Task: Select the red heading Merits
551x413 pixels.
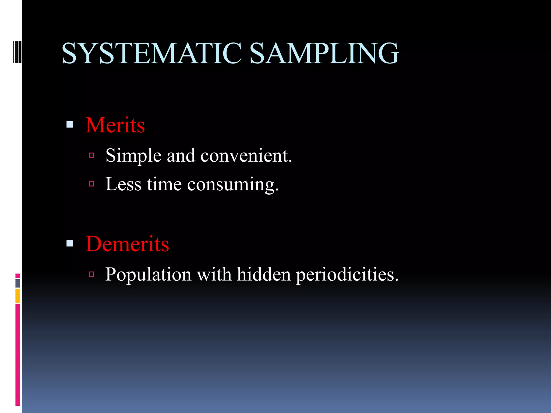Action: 115,125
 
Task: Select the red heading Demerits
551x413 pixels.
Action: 127,244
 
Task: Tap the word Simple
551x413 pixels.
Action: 133,156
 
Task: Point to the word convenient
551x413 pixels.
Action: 246,156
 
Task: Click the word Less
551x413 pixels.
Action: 123,184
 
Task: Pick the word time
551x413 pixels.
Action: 164,184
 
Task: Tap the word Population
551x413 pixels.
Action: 148,275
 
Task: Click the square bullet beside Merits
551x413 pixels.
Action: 70,124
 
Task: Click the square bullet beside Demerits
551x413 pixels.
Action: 70,243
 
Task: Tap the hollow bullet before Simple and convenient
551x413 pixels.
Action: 91,155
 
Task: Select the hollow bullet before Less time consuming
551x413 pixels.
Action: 91,184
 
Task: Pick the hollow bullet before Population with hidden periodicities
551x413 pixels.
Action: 91,274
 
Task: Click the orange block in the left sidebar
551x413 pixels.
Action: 18,296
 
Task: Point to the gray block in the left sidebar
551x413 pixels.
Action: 18,283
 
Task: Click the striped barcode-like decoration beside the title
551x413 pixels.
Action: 17,52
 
